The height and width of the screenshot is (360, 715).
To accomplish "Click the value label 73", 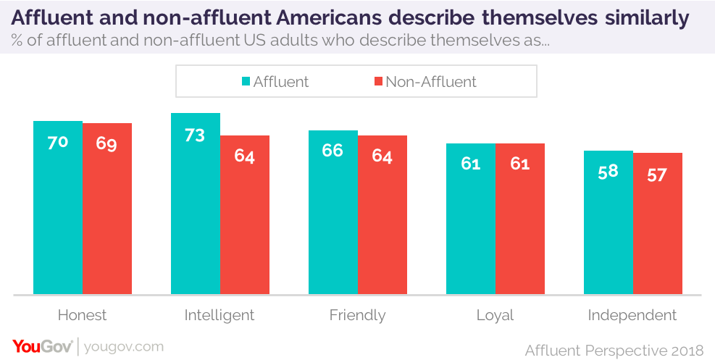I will click(195, 135).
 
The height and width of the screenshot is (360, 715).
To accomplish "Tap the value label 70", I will click(58, 143).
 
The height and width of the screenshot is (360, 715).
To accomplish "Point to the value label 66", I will click(333, 153).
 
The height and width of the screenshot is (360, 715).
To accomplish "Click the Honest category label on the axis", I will click(82, 315).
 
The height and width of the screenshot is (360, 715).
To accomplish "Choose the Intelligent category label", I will click(219, 315).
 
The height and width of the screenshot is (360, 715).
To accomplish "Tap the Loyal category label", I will click(495, 315).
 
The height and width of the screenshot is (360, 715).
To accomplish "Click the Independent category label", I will click(632, 315).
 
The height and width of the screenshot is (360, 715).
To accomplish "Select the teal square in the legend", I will click(245, 81).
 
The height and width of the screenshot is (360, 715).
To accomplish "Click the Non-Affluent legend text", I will click(431, 81).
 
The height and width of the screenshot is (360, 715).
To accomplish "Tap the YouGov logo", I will click(41, 347).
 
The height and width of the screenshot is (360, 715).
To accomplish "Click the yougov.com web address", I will click(124, 347).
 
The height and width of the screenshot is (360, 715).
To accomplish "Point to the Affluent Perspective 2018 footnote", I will click(614, 350).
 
